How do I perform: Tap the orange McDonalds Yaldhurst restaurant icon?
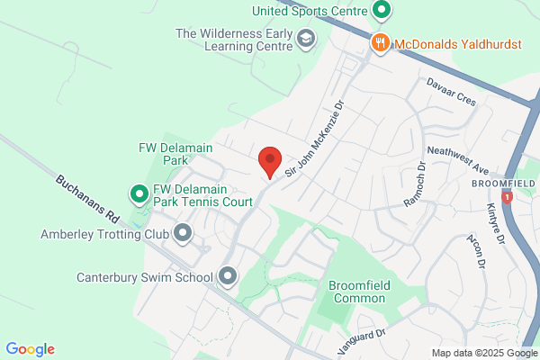tap(380, 42)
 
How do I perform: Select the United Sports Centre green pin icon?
tap(381, 11)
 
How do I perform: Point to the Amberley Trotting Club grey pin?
tap(183, 234)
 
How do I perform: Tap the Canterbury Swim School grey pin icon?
tap(227, 276)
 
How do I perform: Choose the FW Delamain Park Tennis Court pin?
tap(139, 193)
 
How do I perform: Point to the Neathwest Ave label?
tap(457, 149)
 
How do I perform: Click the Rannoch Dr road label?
tap(413, 186)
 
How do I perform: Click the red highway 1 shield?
tap(508, 196)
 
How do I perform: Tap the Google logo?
tap(30, 349)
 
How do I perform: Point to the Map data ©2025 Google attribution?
tap(482, 352)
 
